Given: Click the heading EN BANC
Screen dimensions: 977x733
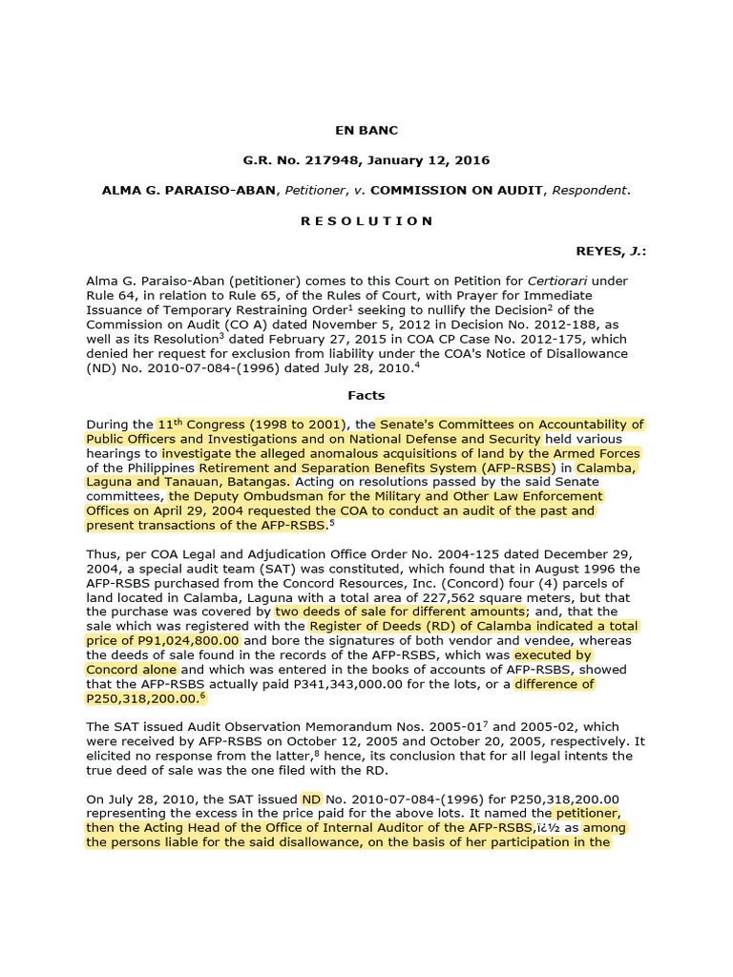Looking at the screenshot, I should [366, 130].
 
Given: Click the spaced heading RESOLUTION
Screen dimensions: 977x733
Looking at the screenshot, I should [366, 220].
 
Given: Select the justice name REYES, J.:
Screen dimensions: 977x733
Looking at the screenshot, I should [610, 251].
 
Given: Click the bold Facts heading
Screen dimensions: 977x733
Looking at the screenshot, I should [366, 395].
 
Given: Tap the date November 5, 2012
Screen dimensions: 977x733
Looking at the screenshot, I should [276, 324].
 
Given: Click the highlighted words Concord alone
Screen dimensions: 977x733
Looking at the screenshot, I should [126, 669].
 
